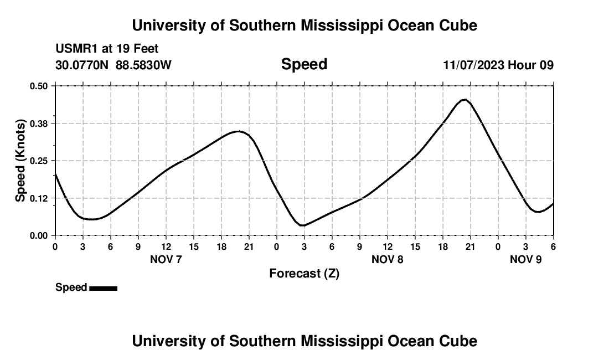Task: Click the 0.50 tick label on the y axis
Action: coord(39,86)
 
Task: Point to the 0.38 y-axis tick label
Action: coord(39,123)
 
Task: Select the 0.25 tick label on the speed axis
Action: coord(39,161)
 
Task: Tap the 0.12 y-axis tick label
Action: coord(39,198)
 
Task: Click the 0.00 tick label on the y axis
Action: coord(39,235)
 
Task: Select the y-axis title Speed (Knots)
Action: coord(20,161)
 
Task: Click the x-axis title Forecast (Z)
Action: coord(304,274)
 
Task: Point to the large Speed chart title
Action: coord(304,64)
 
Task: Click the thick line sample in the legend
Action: coord(103,288)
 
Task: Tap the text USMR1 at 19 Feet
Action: coord(107,49)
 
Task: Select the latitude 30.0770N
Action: coord(82,65)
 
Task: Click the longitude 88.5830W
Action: coord(143,65)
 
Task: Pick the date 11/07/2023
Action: coord(473,65)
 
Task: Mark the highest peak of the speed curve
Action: coord(465,100)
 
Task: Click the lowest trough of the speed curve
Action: coord(302,225)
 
